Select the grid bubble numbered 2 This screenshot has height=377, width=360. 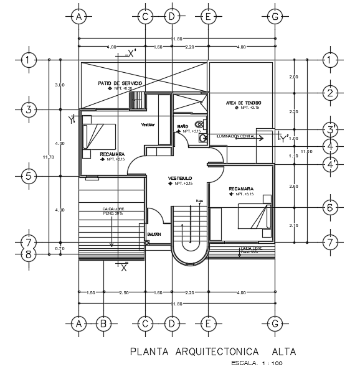coord(330,93)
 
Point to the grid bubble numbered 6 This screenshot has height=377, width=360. coord(330,208)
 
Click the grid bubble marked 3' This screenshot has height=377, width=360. coord(331,129)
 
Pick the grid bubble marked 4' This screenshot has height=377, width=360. coord(331,164)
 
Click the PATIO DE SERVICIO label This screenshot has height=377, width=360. coord(120,83)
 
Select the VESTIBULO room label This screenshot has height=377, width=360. coord(181,179)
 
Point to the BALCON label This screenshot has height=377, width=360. coord(154,234)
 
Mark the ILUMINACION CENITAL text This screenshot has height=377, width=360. coord(236,136)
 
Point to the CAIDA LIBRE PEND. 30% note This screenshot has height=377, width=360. coord(112,211)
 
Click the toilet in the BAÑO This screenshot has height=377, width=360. coord(199,124)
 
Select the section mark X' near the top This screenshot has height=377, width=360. coord(131,54)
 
